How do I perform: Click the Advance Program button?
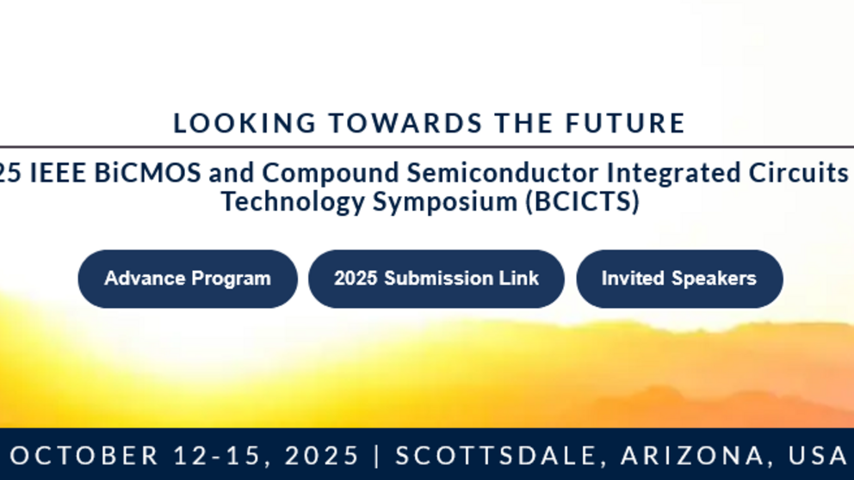188,279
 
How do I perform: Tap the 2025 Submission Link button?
436,279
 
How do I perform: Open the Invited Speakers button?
680,279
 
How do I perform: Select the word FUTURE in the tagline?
625,123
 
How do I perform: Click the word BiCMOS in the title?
147,173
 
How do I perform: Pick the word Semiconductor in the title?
503,173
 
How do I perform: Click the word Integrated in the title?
674,174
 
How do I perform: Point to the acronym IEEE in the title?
58,173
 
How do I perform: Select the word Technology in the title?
293,202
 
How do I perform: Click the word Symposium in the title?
445,202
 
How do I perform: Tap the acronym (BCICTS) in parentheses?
582,202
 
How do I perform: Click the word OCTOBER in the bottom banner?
84,456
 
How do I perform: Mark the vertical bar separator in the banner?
377,456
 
